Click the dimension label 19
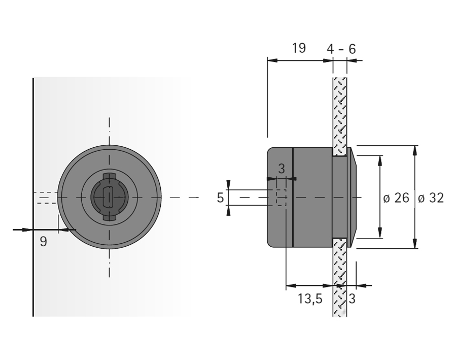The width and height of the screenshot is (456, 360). (x=299, y=48)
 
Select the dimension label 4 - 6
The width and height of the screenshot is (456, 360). (x=341, y=49)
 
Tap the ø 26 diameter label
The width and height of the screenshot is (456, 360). (x=396, y=198)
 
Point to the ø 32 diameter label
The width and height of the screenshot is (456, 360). (x=431, y=198)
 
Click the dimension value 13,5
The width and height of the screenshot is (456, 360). (x=310, y=299)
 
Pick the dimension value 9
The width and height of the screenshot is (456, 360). (x=43, y=242)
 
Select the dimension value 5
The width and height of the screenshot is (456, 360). (x=220, y=198)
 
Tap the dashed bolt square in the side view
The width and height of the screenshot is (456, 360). (x=281, y=198)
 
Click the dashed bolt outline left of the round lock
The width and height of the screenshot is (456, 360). (x=46, y=198)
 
